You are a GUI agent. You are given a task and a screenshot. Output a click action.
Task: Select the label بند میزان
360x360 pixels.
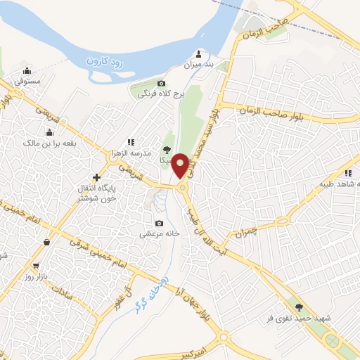(x=198, y=65)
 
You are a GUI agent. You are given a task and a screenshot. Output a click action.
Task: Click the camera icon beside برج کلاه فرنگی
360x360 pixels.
(x=162, y=84)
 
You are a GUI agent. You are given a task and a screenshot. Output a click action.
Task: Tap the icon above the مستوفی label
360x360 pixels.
(x=27, y=70)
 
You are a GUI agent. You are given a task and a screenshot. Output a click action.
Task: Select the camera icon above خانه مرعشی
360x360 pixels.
(x=159, y=222)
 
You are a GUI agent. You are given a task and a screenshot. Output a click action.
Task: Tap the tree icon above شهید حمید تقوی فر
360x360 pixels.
(x=300, y=307)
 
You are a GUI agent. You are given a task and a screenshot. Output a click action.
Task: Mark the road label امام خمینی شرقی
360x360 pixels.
(x=98, y=253)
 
